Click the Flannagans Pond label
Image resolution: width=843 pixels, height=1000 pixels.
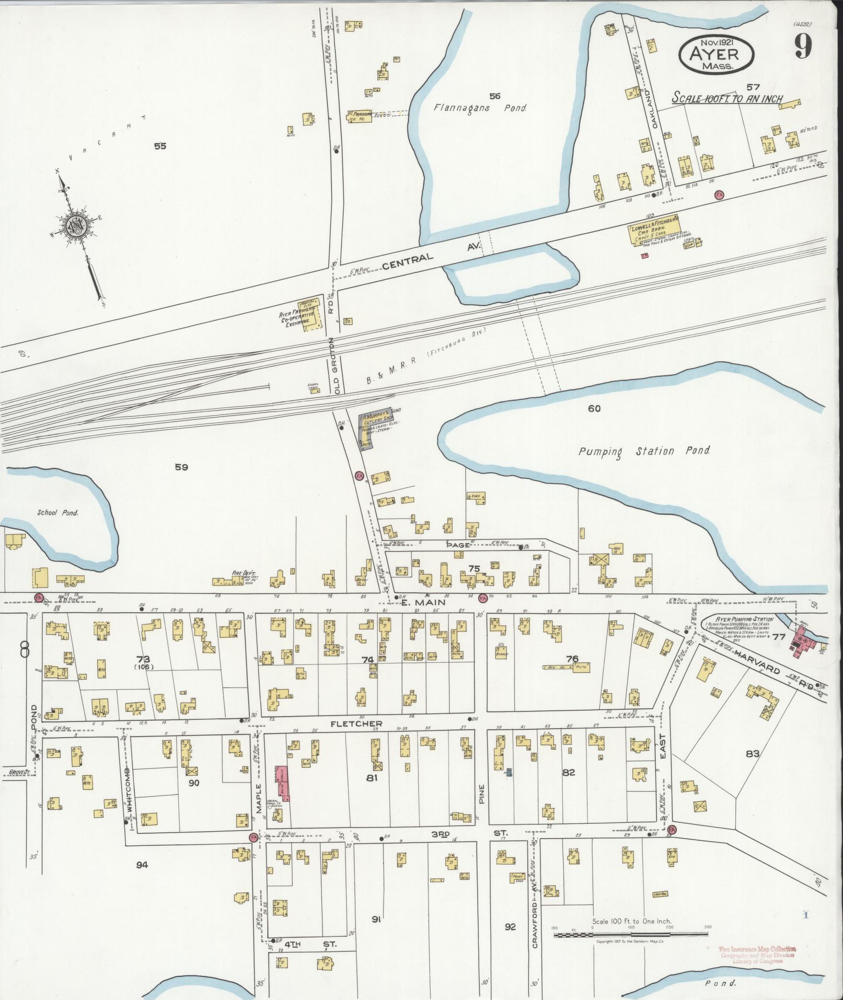[x=480, y=108]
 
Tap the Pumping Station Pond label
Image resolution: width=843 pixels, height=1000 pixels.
[x=644, y=451]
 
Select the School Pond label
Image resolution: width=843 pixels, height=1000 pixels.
[x=57, y=512]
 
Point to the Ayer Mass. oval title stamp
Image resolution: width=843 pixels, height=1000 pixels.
[x=717, y=54]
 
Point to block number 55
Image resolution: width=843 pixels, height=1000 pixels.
[x=160, y=146]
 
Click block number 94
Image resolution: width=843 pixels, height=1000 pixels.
[x=142, y=865]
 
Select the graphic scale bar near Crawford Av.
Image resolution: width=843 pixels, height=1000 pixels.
[x=631, y=933]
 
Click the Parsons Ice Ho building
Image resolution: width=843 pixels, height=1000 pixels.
[x=360, y=116]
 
